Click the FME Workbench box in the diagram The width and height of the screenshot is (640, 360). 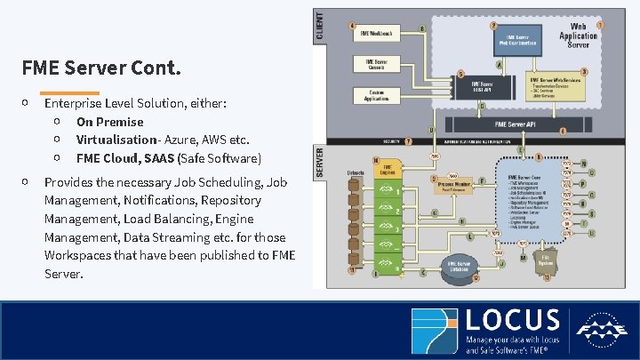click(x=377, y=33)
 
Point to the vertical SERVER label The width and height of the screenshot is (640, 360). click(x=320, y=164)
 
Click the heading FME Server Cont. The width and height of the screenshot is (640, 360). click(x=102, y=68)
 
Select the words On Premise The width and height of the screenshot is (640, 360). click(x=109, y=122)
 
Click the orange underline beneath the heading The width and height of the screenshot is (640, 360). click(x=69, y=92)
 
